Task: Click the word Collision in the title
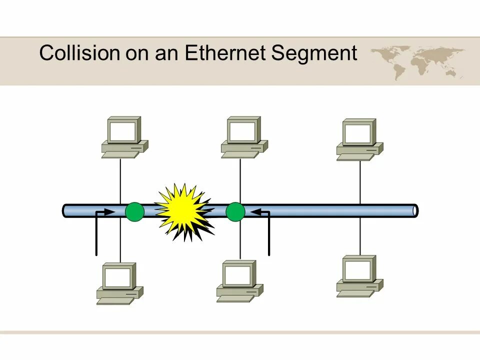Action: tap(74, 52)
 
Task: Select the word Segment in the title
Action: tap(314, 53)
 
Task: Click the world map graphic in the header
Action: tap(418, 60)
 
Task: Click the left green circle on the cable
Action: tap(134, 212)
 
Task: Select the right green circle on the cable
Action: tap(235, 212)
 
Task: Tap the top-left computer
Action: tap(124, 137)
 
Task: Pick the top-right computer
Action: tap(359, 139)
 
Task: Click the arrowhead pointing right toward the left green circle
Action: tap(113, 212)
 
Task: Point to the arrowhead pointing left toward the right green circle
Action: tap(254, 212)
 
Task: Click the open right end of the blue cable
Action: tap(414, 211)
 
